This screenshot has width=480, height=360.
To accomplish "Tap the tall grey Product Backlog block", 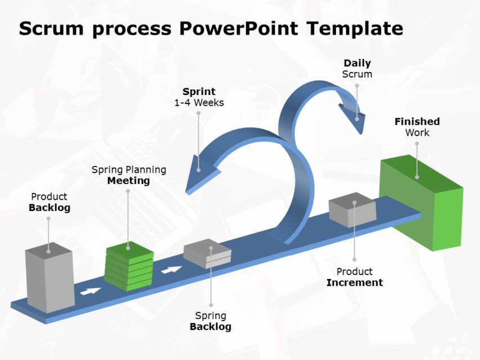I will point(50,280).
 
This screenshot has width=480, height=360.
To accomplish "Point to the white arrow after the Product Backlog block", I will point(91,291).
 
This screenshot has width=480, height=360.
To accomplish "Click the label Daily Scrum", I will point(357,69).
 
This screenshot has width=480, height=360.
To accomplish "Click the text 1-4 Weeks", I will point(199,103).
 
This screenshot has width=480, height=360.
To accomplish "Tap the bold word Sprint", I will point(199,92).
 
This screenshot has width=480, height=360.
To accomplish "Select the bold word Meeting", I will point(129,181).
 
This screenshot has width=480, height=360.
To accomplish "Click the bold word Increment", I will point(355,282).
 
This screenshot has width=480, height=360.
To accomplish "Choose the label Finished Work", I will point(417,127).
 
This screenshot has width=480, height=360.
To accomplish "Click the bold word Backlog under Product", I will point(49,208).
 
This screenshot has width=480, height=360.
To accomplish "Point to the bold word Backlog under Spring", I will point(210,326).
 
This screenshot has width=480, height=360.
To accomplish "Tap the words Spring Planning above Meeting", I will point(129,169).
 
